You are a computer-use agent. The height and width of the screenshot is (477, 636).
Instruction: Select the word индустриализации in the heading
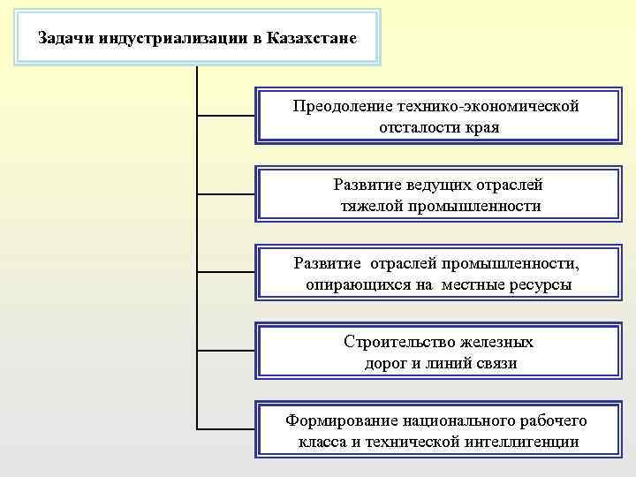[x=174, y=38]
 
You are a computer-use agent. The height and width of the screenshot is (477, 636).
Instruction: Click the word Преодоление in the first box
[x=342, y=107]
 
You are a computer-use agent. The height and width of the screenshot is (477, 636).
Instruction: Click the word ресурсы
[x=540, y=284]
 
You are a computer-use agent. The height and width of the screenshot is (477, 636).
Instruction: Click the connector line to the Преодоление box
[x=225, y=115]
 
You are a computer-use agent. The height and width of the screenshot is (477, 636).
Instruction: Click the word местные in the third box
[x=470, y=284]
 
